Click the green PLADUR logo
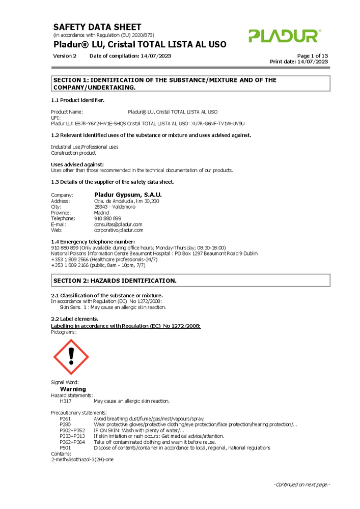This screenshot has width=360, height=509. coord(285,36)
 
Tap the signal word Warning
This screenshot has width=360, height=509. coord(73,389)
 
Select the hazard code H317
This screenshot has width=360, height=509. coord(65,401)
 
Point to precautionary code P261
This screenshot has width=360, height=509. coord(65,418)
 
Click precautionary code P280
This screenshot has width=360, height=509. coord(65,424)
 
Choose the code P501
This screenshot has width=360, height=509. coord(65,448)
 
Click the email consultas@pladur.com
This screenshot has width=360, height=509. coord(118,224)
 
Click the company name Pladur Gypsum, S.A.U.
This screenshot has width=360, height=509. coord(128,194)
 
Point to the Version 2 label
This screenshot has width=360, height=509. coord(65,55)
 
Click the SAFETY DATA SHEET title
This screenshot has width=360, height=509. coord(97,27)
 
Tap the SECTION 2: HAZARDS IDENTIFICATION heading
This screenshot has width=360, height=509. coord(115,280)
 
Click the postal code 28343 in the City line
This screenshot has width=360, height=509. coord(101,207)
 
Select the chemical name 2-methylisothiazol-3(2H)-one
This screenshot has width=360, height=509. coord(82,460)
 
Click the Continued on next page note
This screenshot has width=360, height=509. coord(302,484)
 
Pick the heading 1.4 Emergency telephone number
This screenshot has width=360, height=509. coord(93,241)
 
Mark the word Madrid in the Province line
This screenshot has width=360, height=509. coord(102,213)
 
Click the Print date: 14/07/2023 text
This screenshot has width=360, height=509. coord(299,62)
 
